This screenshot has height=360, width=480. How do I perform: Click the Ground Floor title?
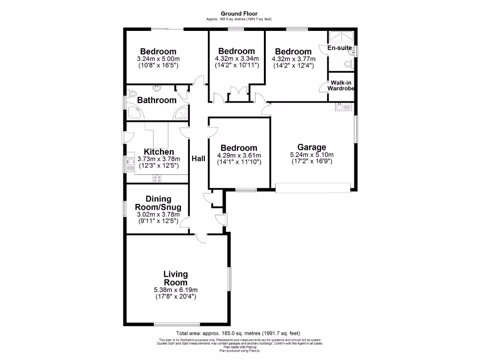click(x=239, y=14)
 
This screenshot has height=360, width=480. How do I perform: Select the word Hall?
click(x=198, y=159)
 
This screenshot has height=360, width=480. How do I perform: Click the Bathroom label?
click(x=157, y=100)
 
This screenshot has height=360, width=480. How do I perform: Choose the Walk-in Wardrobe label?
click(x=341, y=85)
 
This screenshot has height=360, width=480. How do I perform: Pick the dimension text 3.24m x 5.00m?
click(x=158, y=59)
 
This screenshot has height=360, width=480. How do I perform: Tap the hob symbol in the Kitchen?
click(x=157, y=178)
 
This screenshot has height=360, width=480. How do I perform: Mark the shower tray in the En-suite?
click(x=341, y=37)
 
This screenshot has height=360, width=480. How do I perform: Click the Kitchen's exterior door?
click(x=125, y=137)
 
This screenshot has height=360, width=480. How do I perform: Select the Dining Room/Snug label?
click(x=158, y=203)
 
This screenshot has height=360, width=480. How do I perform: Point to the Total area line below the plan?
click(x=240, y=333)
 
